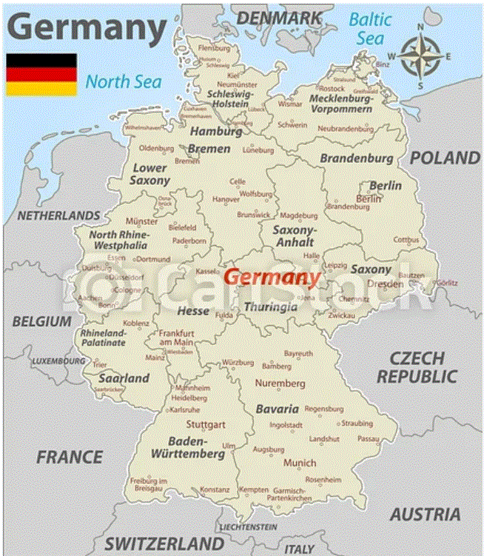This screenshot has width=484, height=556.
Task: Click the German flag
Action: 41,74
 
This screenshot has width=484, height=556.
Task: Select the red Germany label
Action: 272,278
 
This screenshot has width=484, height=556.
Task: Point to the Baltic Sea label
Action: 370,27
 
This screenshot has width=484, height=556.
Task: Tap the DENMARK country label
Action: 279,17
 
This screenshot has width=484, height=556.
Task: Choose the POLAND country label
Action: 445,158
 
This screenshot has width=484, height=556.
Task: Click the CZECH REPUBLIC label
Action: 417,367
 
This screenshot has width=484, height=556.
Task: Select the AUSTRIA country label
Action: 426,514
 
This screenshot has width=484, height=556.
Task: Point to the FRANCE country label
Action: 70,457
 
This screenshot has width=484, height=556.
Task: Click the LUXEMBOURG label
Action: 58,361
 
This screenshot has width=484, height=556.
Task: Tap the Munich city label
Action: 300,463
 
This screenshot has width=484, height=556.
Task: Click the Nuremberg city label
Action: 280,383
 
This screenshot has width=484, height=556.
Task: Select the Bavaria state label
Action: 278,409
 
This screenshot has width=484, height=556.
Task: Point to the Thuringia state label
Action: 270,307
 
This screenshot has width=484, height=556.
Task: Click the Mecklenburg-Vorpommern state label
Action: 340,104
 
